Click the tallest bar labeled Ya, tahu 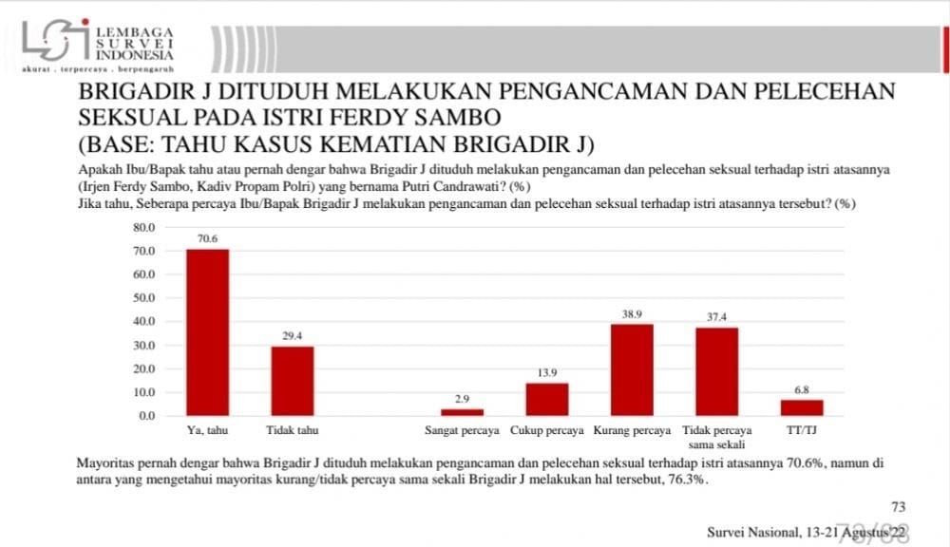point(207,331)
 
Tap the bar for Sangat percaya point(462,411)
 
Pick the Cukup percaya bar point(547,399)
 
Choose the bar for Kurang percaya point(632,369)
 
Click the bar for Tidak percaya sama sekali point(716,371)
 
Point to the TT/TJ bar point(802,407)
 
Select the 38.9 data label point(632,315)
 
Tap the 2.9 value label point(462,401)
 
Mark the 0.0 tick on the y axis point(145,416)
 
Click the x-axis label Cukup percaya point(547,431)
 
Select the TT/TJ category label point(802,431)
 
